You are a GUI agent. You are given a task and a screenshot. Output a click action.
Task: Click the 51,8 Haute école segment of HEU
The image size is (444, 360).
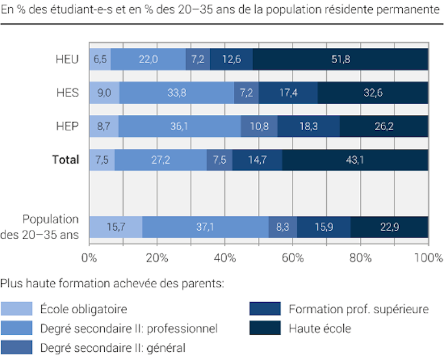(340, 59)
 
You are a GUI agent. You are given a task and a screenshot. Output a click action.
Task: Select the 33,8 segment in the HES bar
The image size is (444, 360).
(177, 93)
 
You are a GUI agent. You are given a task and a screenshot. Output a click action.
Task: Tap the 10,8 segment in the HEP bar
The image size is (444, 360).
(259, 126)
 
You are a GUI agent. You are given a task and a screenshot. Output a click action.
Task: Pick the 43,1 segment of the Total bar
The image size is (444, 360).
(354, 160)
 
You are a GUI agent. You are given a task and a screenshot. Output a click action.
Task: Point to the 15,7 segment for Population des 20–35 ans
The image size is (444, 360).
(115, 227)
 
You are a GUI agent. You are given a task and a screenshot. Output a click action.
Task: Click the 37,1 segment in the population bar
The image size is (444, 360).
(205, 227)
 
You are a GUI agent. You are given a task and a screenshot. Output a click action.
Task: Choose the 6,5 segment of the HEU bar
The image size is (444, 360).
(100, 59)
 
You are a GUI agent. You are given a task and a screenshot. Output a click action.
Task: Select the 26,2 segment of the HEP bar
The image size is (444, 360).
(383, 126)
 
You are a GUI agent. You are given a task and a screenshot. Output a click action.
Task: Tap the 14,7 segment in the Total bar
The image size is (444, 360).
(257, 160)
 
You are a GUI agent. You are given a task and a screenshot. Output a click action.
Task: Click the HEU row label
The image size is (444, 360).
(67, 59)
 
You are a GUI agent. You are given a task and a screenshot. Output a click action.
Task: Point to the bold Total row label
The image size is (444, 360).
(65, 160)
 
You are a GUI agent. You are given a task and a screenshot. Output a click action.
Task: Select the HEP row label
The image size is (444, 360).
(67, 126)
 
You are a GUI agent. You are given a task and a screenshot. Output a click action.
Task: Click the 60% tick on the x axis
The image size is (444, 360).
(293, 257)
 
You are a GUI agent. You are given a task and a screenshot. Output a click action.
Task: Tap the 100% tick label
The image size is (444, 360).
(428, 257)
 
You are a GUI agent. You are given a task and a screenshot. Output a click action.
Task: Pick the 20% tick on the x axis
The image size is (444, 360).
(157, 257)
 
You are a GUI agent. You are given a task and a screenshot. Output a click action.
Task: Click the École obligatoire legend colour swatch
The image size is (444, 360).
(16, 308)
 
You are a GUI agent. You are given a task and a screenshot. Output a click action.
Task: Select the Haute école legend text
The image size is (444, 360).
(320, 328)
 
